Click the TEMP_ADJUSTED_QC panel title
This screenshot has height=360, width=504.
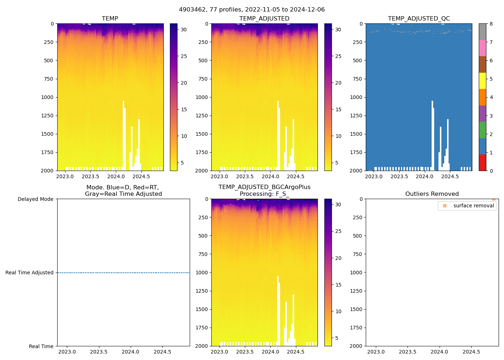(419, 18)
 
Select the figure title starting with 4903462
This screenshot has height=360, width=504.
(252, 9)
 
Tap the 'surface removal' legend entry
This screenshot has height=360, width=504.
(473, 206)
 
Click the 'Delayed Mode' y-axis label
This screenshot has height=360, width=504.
(35, 199)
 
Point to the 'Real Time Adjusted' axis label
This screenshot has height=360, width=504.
(30, 273)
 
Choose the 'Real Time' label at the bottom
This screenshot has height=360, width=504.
(41, 346)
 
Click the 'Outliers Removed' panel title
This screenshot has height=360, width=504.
(432, 194)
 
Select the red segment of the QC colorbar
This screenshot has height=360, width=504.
(482, 162)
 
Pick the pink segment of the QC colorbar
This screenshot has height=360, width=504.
(482, 48)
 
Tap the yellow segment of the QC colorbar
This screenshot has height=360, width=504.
(482, 81)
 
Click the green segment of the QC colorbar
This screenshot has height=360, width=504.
(482, 130)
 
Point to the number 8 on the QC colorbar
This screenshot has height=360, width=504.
(491, 24)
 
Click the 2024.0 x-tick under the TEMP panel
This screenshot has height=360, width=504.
(116, 176)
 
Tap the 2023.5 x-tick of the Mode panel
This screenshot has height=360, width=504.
(99, 352)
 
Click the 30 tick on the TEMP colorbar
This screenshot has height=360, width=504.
(184, 30)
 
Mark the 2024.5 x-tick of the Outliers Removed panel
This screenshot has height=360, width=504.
(471, 352)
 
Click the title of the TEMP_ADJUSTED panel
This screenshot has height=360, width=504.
(264, 18)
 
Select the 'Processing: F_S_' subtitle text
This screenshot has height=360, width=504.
(264, 194)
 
